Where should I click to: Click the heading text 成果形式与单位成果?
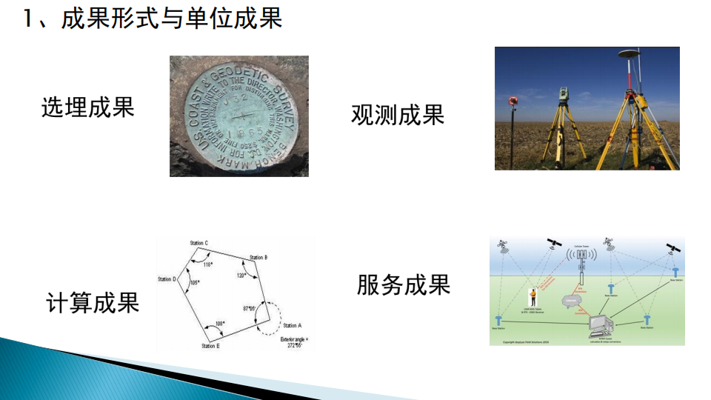[x=172, y=19]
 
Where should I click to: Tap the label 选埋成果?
[x=87, y=107]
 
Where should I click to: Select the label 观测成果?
[x=398, y=114]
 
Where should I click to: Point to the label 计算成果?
[x=93, y=302]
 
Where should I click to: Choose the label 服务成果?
[x=404, y=284]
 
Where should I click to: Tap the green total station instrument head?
[x=564, y=95]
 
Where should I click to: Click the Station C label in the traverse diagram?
[x=198, y=243]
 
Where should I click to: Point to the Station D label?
[x=167, y=279]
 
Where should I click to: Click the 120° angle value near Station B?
[x=241, y=275]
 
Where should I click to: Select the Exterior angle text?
[x=293, y=340]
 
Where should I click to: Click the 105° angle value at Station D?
[x=195, y=283]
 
